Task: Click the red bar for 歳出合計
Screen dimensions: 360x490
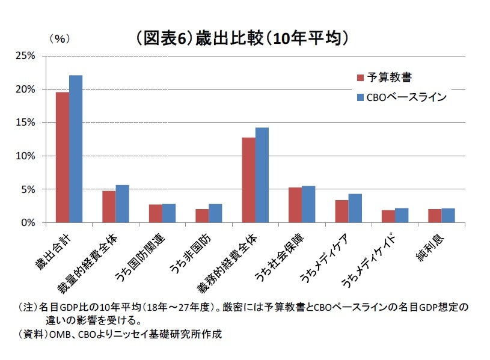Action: tap(63, 157)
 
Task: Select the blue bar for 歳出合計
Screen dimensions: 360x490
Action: tap(76, 149)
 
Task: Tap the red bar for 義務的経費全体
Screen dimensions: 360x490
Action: tap(248, 180)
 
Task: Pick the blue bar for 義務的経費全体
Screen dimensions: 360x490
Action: tap(262, 175)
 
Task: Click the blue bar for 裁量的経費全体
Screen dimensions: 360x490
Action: tap(122, 204)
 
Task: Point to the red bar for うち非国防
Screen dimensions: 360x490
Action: tap(201, 216)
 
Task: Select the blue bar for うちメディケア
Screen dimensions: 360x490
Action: tap(355, 208)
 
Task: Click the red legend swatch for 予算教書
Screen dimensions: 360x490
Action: tap(360, 78)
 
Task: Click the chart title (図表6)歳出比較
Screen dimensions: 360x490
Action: tap(242, 39)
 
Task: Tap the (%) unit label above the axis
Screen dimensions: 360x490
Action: tap(59, 38)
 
